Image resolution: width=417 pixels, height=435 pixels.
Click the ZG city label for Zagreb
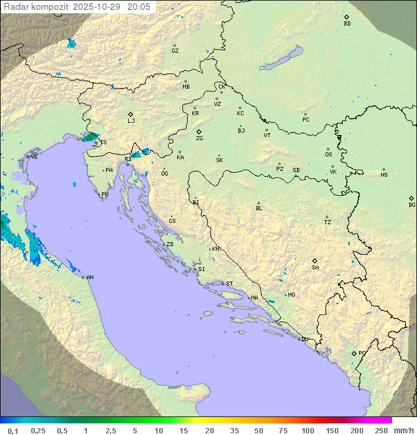199,139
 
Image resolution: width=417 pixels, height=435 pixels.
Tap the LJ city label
131,121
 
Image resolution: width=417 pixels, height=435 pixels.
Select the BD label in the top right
347,24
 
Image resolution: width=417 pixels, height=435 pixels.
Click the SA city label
315,268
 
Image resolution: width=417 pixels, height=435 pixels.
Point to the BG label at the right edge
412,204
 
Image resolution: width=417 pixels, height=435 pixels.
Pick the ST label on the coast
229,284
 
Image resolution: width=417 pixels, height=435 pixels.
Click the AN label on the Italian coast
90,277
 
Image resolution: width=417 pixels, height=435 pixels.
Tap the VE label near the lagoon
34,157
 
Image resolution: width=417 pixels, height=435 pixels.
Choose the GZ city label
175,51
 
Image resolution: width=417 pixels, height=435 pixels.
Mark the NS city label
384,175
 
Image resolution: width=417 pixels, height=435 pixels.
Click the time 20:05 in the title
138,7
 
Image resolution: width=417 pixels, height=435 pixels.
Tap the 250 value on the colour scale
381,430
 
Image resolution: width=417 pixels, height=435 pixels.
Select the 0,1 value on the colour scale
13,430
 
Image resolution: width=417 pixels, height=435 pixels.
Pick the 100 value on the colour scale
308,430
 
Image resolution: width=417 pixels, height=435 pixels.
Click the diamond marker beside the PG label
354,353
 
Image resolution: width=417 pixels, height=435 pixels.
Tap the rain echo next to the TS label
90,137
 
